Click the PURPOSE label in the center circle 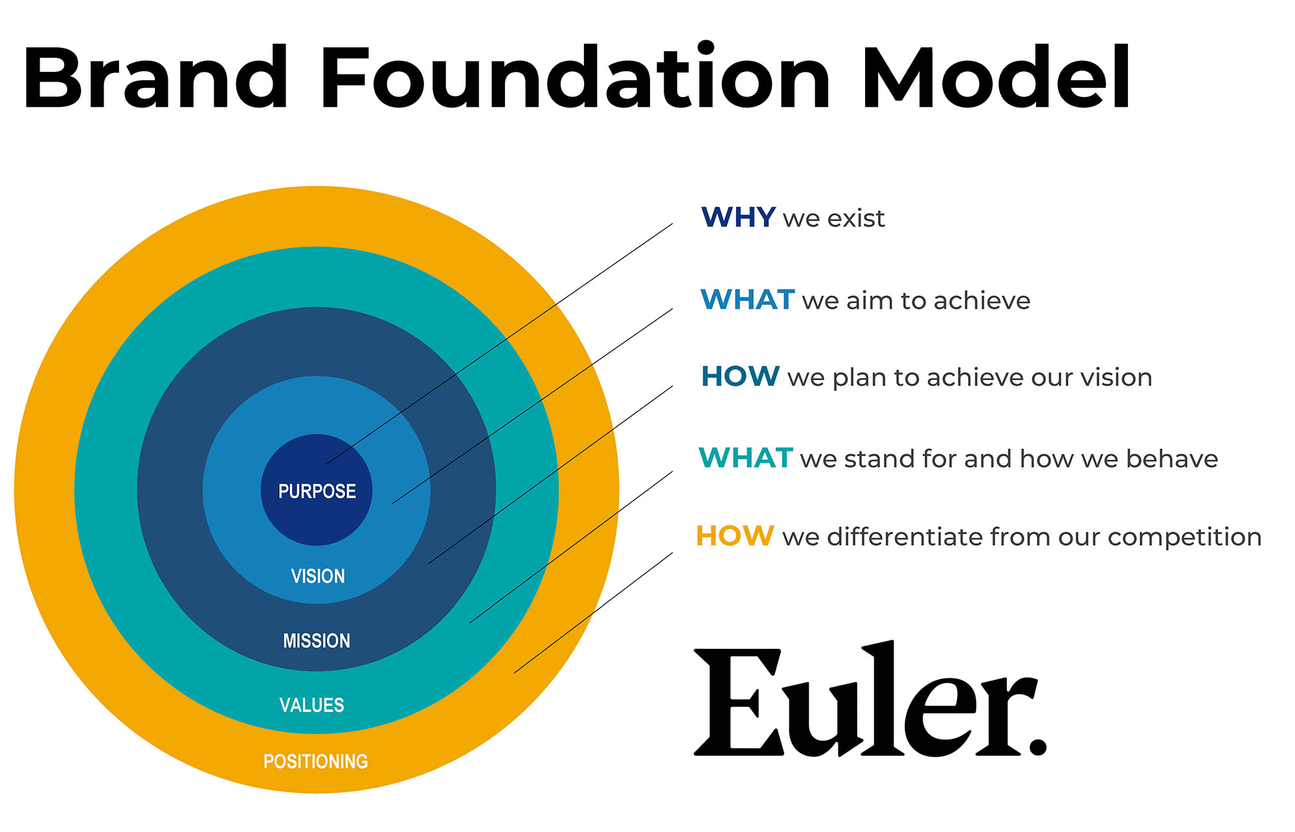(317, 491)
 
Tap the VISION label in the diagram (318, 576)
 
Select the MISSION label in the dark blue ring (317, 641)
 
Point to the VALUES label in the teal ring (311, 705)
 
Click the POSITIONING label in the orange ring (316, 761)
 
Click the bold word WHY (739, 218)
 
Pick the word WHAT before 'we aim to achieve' (748, 300)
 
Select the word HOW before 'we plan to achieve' (741, 376)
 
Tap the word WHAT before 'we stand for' (746, 458)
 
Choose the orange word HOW (735, 536)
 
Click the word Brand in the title (156, 78)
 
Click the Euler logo (870, 699)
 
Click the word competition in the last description (1185, 537)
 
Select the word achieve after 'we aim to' (982, 300)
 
